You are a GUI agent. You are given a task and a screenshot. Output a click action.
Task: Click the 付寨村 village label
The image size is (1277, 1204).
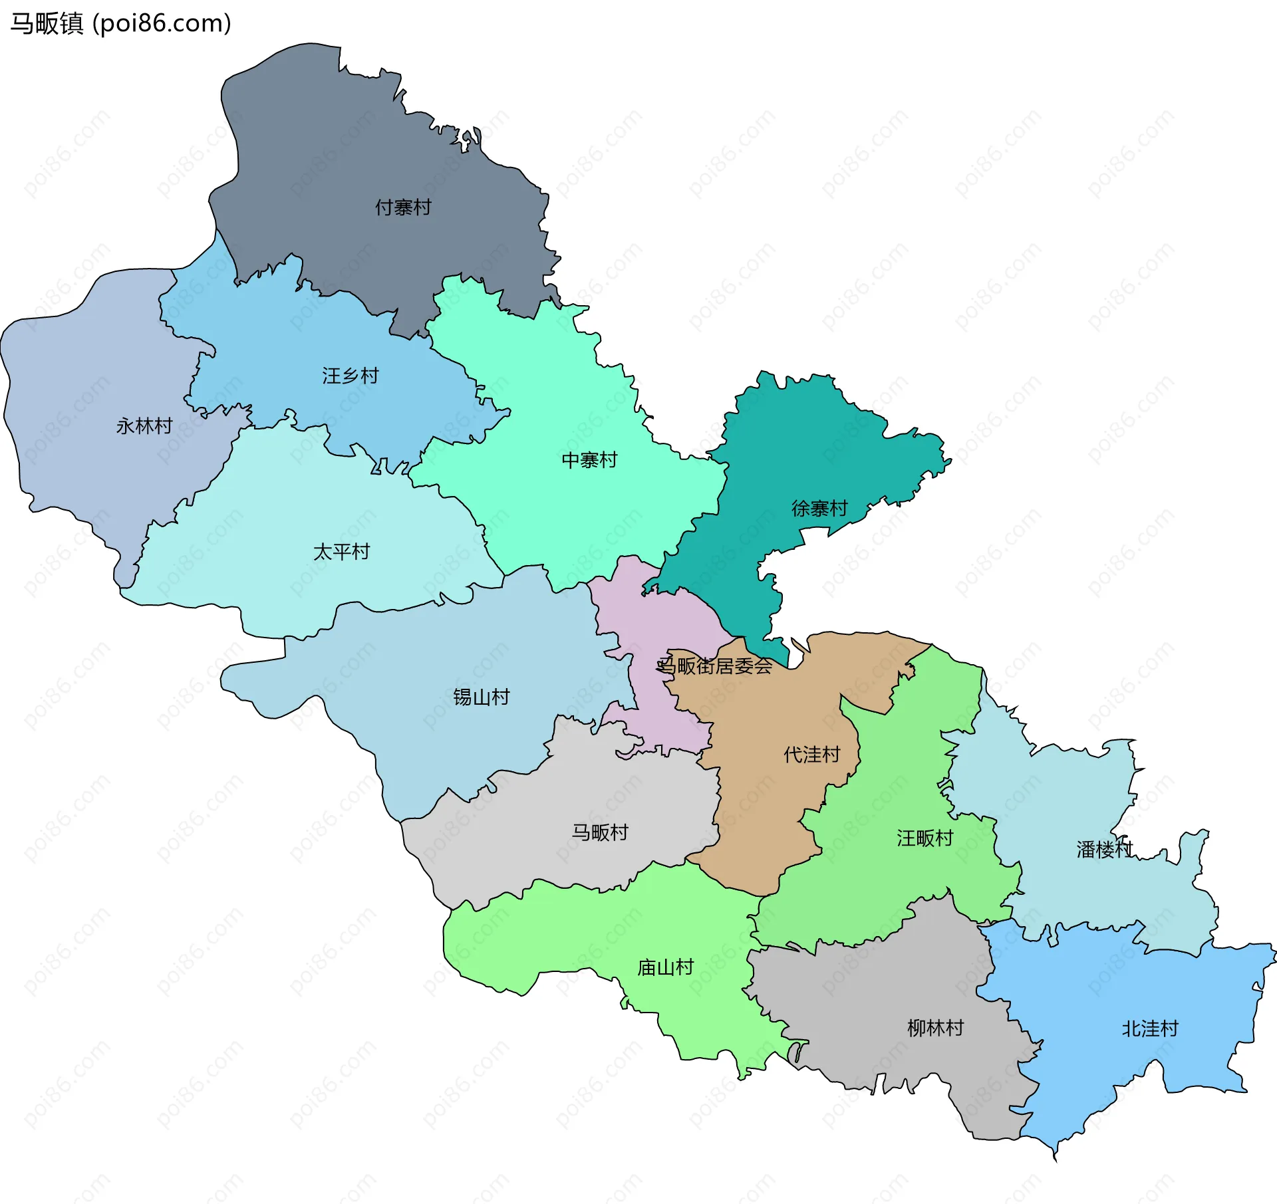[403, 207]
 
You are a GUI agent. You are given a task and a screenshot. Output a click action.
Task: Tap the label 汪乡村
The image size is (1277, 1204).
[351, 376]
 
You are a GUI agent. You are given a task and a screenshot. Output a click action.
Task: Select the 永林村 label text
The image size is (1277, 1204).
[144, 425]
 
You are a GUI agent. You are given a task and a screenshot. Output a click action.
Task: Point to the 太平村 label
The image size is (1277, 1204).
[341, 552]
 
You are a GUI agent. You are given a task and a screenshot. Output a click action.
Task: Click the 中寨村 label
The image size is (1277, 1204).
[589, 460]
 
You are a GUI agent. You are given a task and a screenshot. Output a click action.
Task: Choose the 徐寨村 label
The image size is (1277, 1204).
[819, 509]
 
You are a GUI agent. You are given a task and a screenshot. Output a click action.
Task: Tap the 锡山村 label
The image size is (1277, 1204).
[482, 697]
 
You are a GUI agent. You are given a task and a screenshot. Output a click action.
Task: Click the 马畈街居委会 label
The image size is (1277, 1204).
[715, 665]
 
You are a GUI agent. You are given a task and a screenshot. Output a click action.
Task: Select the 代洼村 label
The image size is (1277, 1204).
[812, 755]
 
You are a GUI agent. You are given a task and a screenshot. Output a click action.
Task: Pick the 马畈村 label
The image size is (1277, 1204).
[601, 832]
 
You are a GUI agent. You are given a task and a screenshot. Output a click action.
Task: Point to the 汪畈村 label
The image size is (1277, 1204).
[925, 838]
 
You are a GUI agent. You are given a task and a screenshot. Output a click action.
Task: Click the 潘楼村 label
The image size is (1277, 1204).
[1105, 849]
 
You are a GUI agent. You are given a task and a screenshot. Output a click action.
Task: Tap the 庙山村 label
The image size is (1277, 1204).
[666, 967]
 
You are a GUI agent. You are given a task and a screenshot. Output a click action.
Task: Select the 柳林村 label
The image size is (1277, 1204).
[936, 1028]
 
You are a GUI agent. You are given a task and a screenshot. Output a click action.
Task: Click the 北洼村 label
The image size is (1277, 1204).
[1151, 1029]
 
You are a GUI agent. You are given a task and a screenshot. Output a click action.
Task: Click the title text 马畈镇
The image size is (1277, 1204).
[47, 23]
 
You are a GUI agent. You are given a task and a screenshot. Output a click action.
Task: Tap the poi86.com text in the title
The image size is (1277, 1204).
[162, 23]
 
